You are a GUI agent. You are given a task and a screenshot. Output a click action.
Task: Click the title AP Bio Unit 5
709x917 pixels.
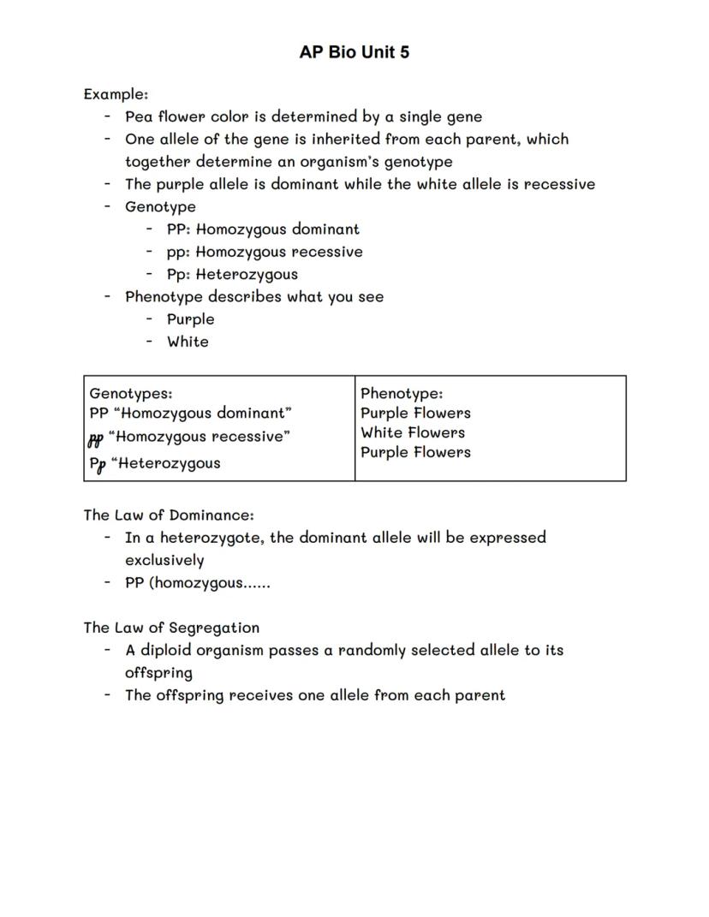[x=354, y=52]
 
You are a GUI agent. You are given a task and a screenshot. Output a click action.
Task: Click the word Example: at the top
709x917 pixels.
[x=116, y=93]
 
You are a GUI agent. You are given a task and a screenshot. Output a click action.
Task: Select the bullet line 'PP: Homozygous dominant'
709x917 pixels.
[x=263, y=229]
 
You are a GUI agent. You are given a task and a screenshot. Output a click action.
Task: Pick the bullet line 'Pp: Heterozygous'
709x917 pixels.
[x=232, y=274]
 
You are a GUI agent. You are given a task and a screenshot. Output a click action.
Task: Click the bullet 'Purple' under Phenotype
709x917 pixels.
[x=190, y=319]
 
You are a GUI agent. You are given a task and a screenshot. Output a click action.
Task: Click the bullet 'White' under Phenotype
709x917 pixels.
[x=188, y=342]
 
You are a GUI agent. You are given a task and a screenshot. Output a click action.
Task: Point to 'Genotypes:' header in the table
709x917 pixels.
[x=131, y=393]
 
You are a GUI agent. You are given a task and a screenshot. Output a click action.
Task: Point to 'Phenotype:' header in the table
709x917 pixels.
[x=402, y=393]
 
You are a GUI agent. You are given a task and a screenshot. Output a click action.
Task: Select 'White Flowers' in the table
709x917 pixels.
[x=413, y=432]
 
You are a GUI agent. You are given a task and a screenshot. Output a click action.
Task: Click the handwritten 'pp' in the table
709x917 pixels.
[x=96, y=439]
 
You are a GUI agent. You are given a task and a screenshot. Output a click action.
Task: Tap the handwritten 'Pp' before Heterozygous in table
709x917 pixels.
[x=98, y=464]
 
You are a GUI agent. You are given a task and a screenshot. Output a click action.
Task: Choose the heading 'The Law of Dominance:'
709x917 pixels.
[x=169, y=515]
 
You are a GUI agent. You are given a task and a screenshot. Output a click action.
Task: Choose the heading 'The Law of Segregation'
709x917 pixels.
[x=171, y=628]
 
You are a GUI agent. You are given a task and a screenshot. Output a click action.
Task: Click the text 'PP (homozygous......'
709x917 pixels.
[x=197, y=583]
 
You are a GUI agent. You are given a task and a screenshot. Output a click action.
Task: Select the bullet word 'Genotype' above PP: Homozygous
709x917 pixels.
[x=160, y=206]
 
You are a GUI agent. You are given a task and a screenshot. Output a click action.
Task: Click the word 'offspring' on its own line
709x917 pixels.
[x=158, y=673]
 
